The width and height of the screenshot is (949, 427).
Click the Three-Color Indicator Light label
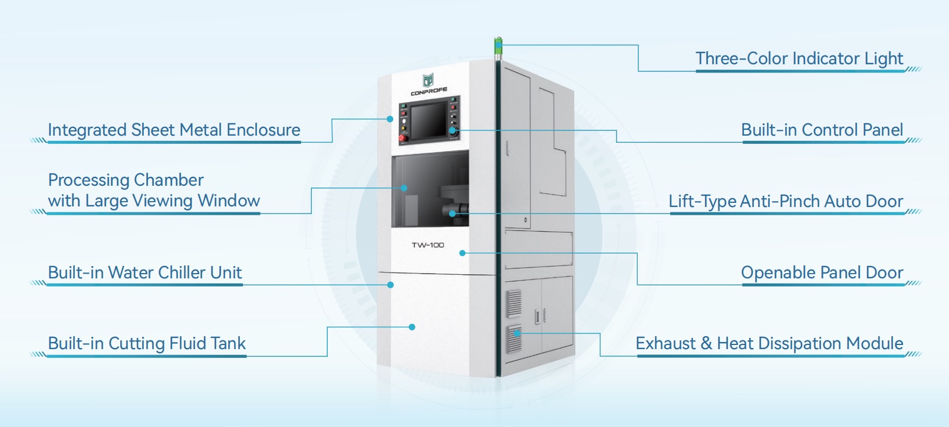(x=799, y=58)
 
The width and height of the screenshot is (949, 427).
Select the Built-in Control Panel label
(x=822, y=130)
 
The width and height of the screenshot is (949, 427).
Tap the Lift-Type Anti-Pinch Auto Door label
(x=785, y=201)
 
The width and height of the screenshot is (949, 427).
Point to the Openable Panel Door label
(x=822, y=272)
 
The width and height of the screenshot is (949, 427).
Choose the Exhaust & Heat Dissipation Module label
(x=769, y=343)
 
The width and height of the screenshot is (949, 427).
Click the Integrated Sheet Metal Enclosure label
(x=174, y=130)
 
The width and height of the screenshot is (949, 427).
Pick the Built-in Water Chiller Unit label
(x=145, y=272)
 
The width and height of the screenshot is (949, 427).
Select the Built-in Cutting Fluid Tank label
(x=147, y=343)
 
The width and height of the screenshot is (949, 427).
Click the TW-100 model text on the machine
(x=428, y=245)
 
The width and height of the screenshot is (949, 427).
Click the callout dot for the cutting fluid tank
(x=412, y=327)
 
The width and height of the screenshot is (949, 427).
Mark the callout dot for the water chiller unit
(x=390, y=285)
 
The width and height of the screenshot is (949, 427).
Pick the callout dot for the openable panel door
(x=463, y=253)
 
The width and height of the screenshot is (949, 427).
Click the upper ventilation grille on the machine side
(x=514, y=304)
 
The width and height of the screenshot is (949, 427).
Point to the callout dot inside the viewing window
(x=404, y=188)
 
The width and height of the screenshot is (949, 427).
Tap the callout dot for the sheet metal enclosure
(x=390, y=119)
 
